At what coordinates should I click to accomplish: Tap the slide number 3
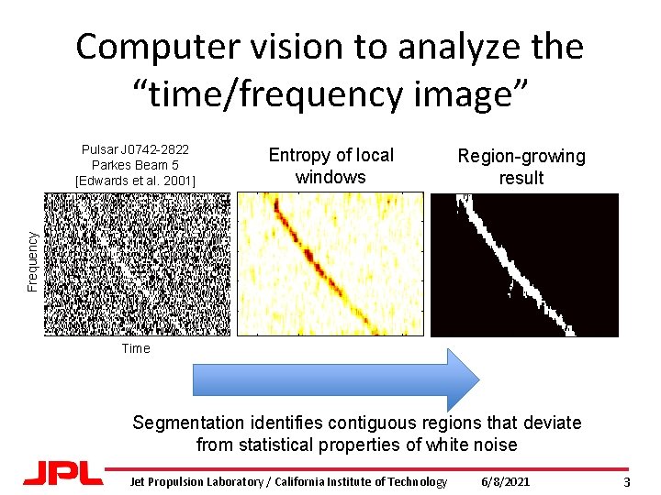point(626,482)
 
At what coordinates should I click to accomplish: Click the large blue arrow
point(336,379)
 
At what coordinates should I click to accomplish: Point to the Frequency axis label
point(32,261)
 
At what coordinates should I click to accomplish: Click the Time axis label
point(135,348)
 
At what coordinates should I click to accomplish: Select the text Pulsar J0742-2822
point(135,149)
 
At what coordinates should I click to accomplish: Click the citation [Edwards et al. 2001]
point(135,180)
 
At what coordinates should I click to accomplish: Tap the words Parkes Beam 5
point(135,165)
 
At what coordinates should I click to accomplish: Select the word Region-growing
point(521,157)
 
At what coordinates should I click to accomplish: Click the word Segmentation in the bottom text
point(187,423)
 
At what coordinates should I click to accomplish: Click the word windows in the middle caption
point(330,178)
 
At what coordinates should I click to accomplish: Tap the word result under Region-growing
point(521,179)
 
